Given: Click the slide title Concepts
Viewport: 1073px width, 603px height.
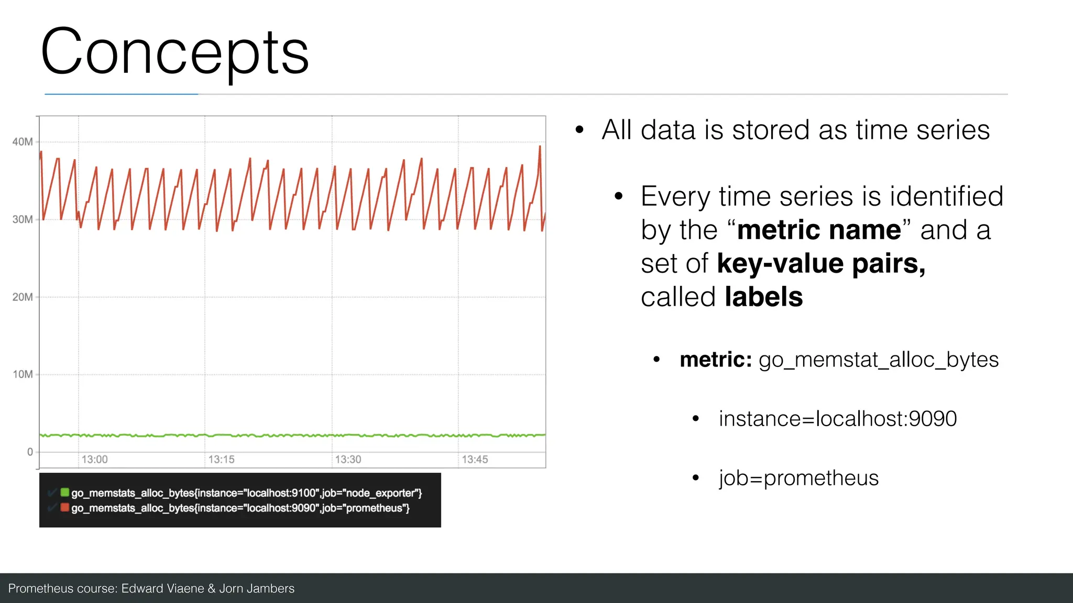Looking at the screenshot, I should [174, 53].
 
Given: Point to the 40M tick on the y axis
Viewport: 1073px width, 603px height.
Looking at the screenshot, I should [23, 142].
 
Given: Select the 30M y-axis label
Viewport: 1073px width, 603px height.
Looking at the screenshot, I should [23, 219].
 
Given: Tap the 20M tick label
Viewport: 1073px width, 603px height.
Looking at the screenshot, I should [23, 297].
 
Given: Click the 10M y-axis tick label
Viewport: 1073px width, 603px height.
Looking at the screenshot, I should [23, 374].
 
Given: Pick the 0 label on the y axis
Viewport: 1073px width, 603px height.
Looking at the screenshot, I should [30, 452].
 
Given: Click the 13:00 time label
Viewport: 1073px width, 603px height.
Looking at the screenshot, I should [94, 460].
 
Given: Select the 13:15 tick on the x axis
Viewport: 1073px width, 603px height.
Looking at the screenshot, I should [221, 460].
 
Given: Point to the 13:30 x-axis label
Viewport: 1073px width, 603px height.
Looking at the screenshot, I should [348, 460].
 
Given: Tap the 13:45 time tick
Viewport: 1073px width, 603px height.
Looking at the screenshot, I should [475, 460].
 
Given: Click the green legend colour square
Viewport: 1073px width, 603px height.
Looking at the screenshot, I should [65, 492].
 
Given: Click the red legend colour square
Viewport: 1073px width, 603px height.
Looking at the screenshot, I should [65, 507].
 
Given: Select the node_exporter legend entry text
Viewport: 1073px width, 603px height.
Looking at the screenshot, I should [246, 493].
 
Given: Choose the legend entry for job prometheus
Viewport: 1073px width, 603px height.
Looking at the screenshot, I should [240, 508].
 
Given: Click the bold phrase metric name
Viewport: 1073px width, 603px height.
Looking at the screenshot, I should [819, 230].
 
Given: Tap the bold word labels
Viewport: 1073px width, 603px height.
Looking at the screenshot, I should [763, 297].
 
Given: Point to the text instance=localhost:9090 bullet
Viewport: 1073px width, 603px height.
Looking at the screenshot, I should [837, 419].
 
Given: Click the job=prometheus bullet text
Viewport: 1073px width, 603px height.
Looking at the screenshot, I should [798, 478].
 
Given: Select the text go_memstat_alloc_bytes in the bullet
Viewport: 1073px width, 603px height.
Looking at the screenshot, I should [878, 360].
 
